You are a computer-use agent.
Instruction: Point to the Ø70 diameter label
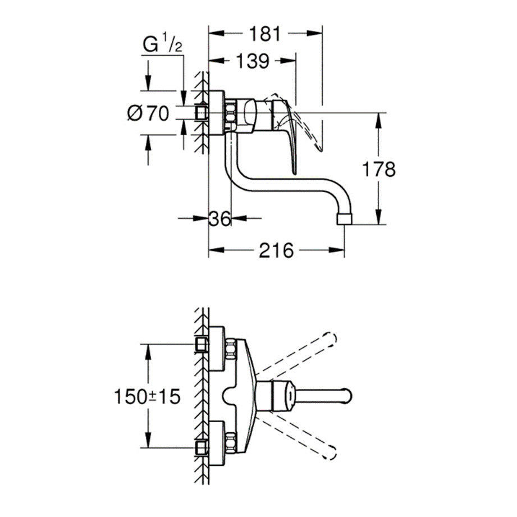148,113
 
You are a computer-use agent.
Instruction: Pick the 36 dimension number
219,218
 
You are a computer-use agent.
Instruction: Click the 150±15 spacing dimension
147,396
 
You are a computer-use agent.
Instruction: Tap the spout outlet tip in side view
346,218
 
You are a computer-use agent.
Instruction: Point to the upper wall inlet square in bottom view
200,345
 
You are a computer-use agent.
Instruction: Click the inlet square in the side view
201,114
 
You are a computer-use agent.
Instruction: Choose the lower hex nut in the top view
230,443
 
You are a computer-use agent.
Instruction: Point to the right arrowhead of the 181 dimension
318,33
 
